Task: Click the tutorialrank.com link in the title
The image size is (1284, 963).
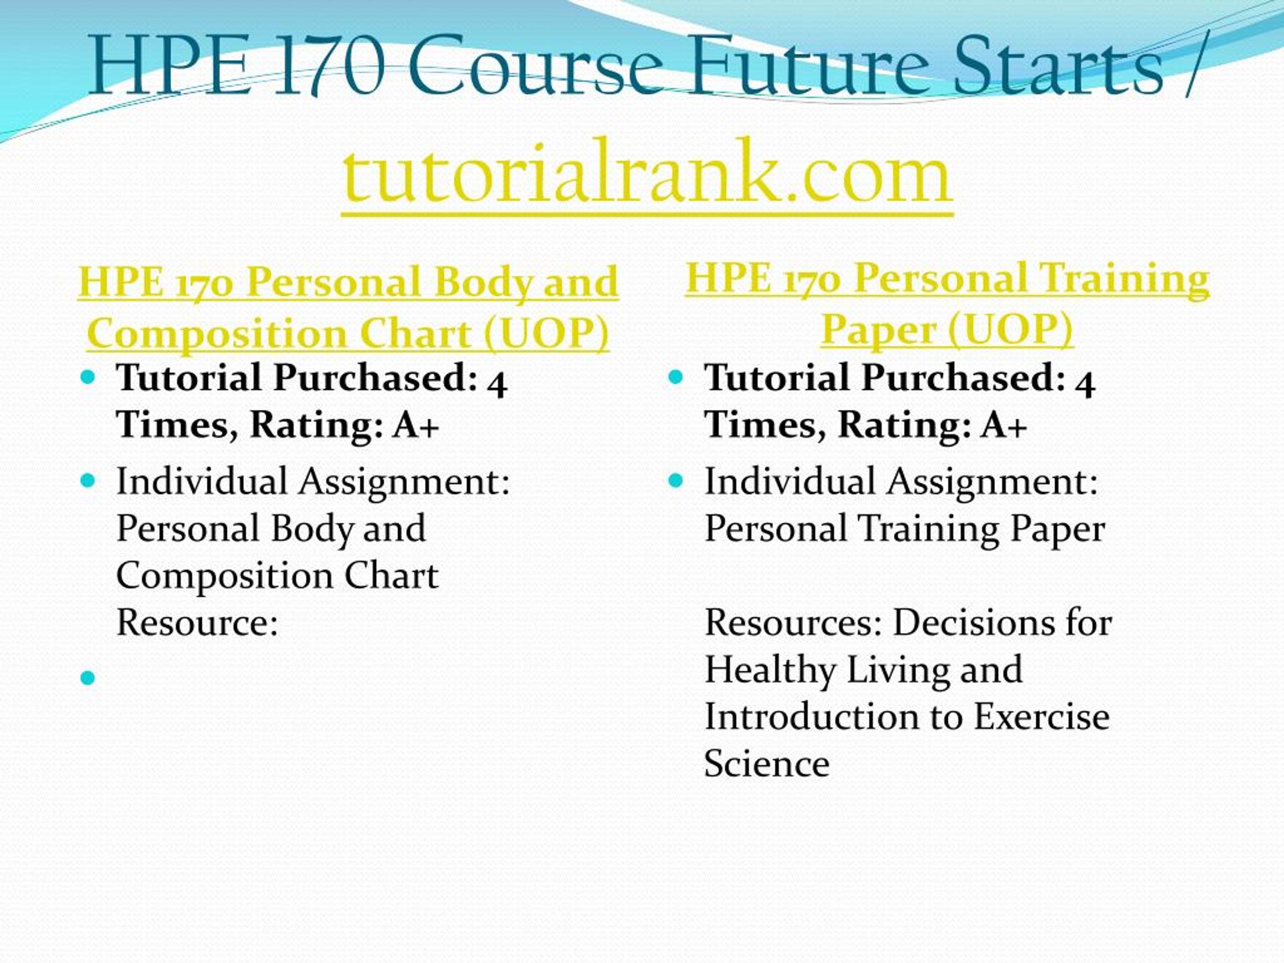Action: coord(647,175)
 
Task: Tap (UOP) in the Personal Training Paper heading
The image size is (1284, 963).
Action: coord(1010,330)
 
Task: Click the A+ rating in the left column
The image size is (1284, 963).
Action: coord(416,425)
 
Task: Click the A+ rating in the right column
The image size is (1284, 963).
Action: coord(1004,425)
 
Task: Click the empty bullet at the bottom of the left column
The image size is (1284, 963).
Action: coord(88,678)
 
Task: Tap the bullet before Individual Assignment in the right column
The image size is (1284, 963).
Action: coord(676,480)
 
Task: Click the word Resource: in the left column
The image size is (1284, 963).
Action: coord(197,623)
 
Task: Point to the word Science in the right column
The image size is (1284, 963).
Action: coord(767,764)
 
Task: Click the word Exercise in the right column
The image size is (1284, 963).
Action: coord(1041,716)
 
